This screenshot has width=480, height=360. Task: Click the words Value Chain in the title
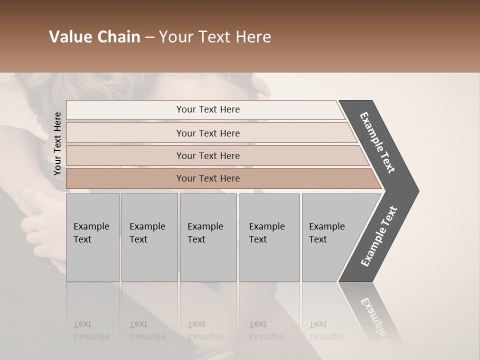pos(94,37)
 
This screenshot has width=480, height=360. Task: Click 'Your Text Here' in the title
pos(215,37)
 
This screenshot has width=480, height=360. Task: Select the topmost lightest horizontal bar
pos(125,110)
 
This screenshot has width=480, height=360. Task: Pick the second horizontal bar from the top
pos(125,133)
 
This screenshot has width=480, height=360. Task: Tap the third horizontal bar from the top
pos(125,155)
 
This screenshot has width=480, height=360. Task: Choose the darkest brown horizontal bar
pos(125,178)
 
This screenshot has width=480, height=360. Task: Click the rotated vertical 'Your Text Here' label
pos(57,143)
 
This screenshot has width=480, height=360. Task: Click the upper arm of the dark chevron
pos(377,142)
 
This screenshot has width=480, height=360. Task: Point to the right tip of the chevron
pos(416,190)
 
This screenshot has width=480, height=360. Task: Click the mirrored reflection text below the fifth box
pos(326,330)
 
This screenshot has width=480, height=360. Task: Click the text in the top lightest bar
pos(208,109)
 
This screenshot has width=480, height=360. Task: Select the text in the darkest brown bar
pos(208,178)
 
